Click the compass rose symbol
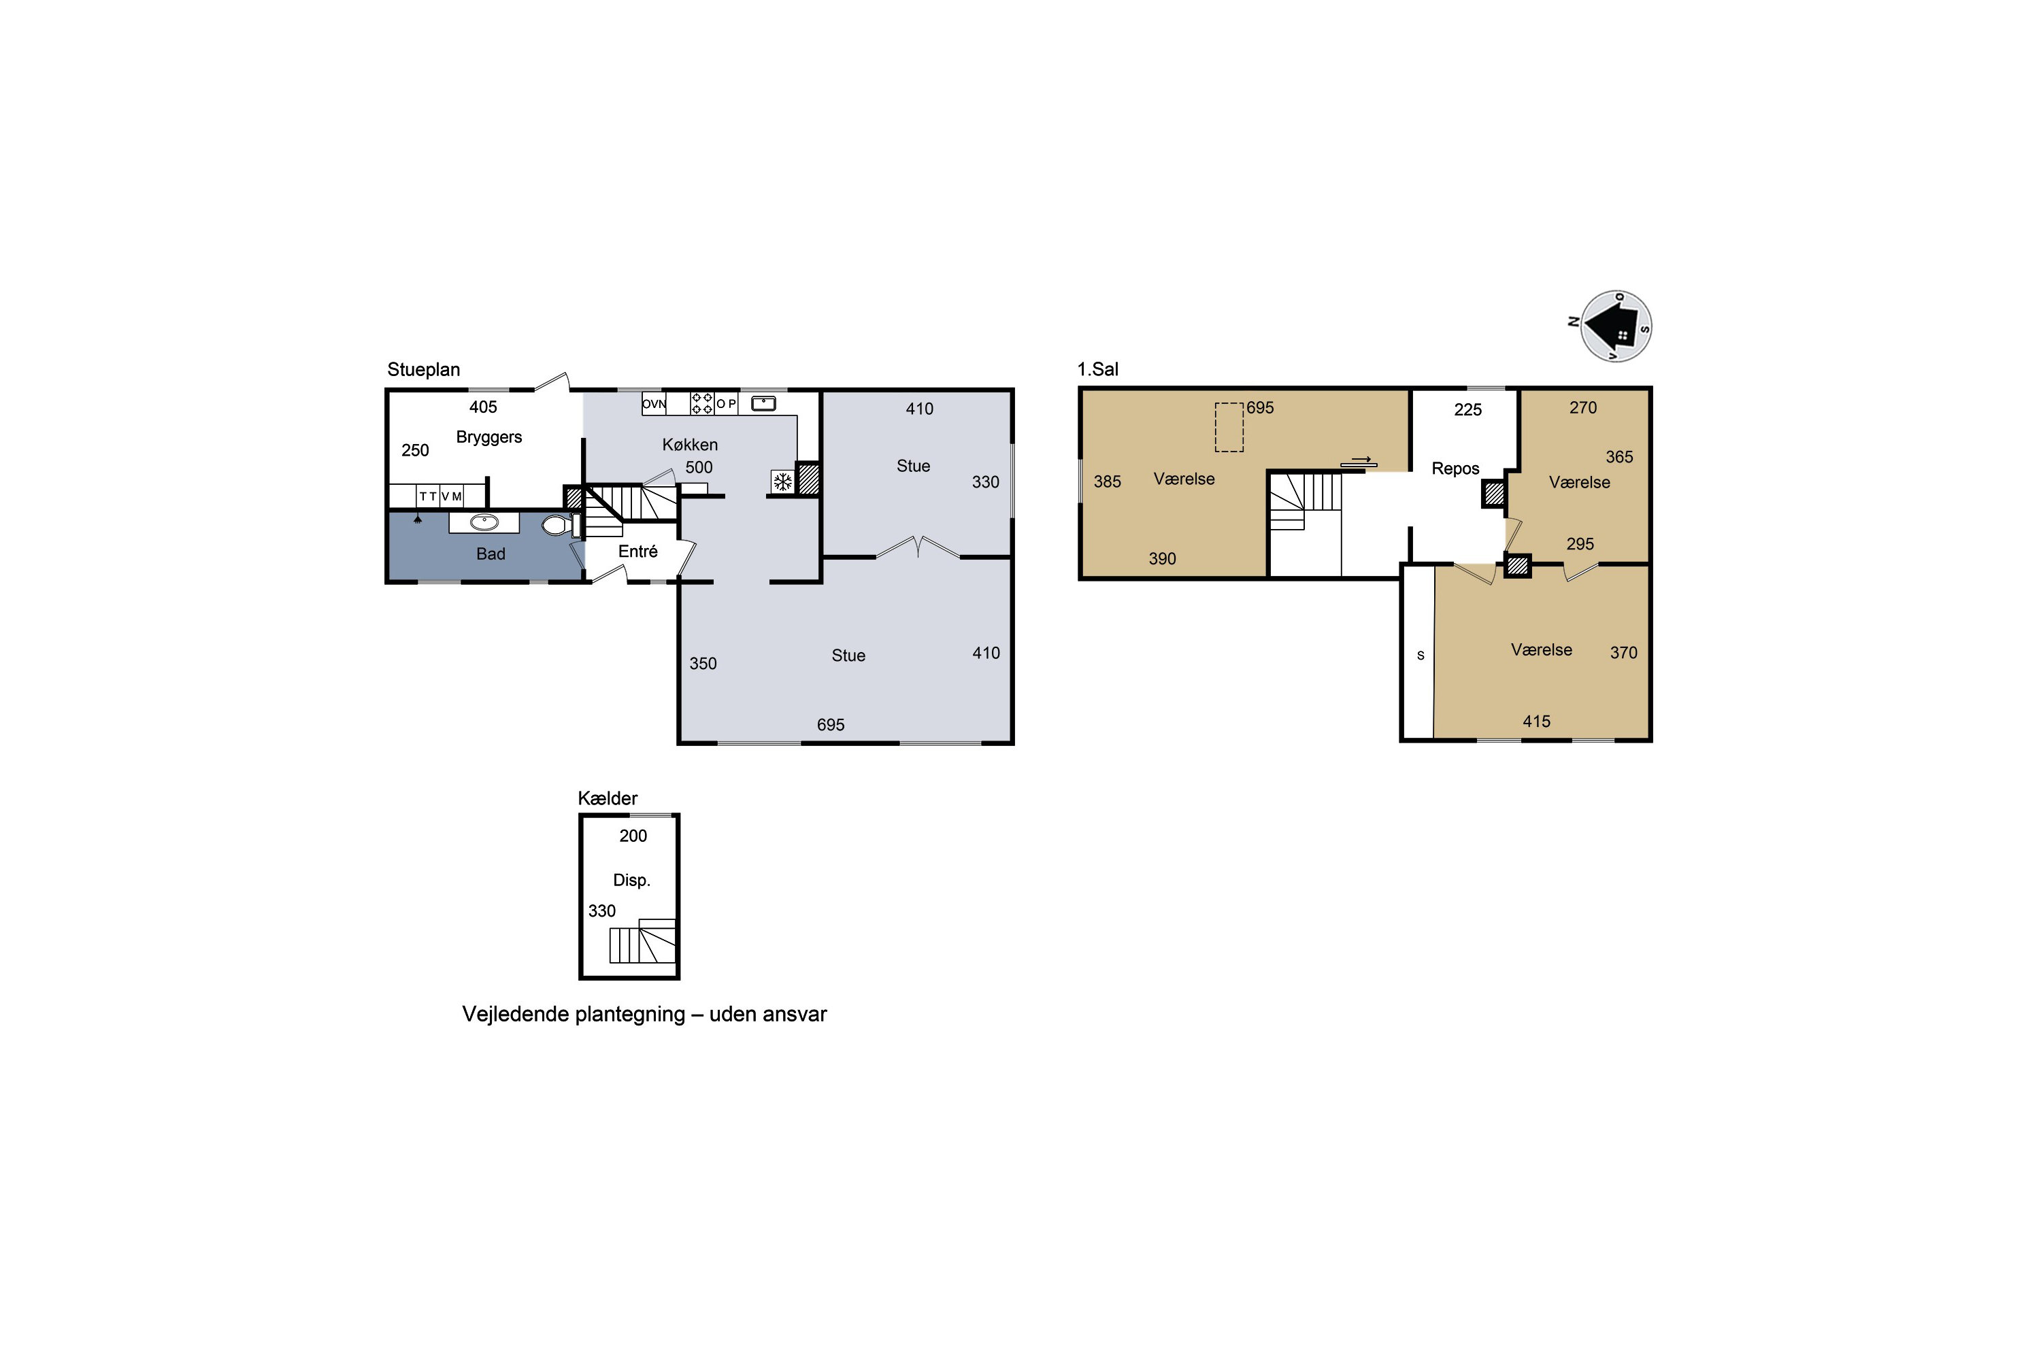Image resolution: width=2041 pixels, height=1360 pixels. click(1615, 326)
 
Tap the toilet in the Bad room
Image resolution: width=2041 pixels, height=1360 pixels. click(561, 525)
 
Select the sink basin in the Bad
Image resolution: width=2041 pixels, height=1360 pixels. click(484, 522)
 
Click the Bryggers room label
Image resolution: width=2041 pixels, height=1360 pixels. click(488, 437)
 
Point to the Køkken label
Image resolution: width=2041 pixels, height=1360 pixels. click(690, 445)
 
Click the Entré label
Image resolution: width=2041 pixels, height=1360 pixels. click(638, 551)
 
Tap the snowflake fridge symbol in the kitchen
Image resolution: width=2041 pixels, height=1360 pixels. click(782, 481)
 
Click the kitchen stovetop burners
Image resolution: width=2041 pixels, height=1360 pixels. click(702, 403)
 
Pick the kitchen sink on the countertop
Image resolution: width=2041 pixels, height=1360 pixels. click(763, 403)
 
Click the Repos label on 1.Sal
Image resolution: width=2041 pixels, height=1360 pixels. click(1455, 469)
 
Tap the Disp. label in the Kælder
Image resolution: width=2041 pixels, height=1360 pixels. click(632, 881)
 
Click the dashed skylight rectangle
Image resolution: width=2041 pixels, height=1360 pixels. click(1229, 428)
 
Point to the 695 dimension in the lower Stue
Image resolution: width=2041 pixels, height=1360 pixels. click(831, 725)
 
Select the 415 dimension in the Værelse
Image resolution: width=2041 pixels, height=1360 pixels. click(1537, 721)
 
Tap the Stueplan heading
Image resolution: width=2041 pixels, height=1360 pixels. click(423, 369)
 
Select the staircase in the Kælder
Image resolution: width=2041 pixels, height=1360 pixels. click(642, 941)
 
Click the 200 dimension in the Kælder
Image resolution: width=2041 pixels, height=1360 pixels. click(633, 836)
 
